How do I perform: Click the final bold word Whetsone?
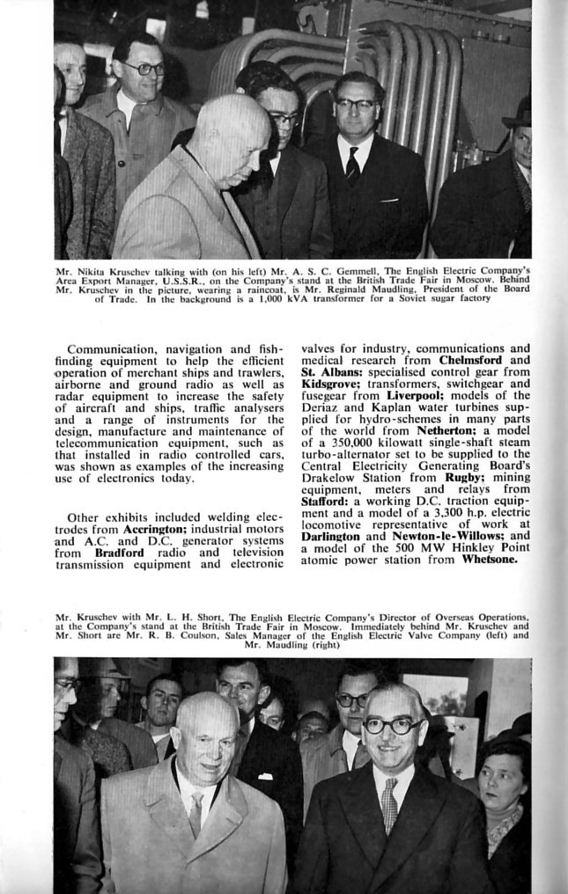click(x=490, y=559)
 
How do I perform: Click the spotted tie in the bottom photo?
click(x=388, y=804)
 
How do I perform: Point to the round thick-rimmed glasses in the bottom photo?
click(x=393, y=725)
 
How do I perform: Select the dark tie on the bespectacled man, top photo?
click(x=352, y=163)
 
